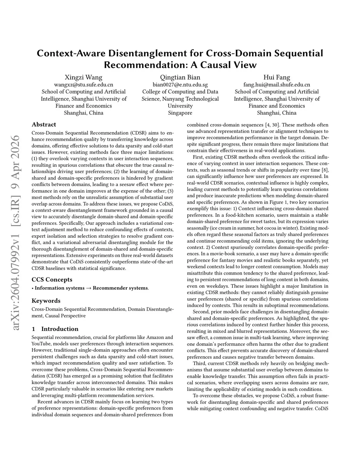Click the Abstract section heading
[x=44, y=125]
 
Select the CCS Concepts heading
[x=52, y=280]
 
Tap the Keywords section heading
[x=46, y=301]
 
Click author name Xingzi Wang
[x=84, y=77]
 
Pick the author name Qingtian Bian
[x=180, y=77]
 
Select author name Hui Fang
[x=277, y=77]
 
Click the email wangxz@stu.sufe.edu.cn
[x=84, y=85]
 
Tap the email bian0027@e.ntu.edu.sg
[x=180, y=85]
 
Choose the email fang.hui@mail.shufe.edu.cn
[x=277, y=85]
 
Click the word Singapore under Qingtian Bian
[x=180, y=113]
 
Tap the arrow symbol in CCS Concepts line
[x=89, y=288]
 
